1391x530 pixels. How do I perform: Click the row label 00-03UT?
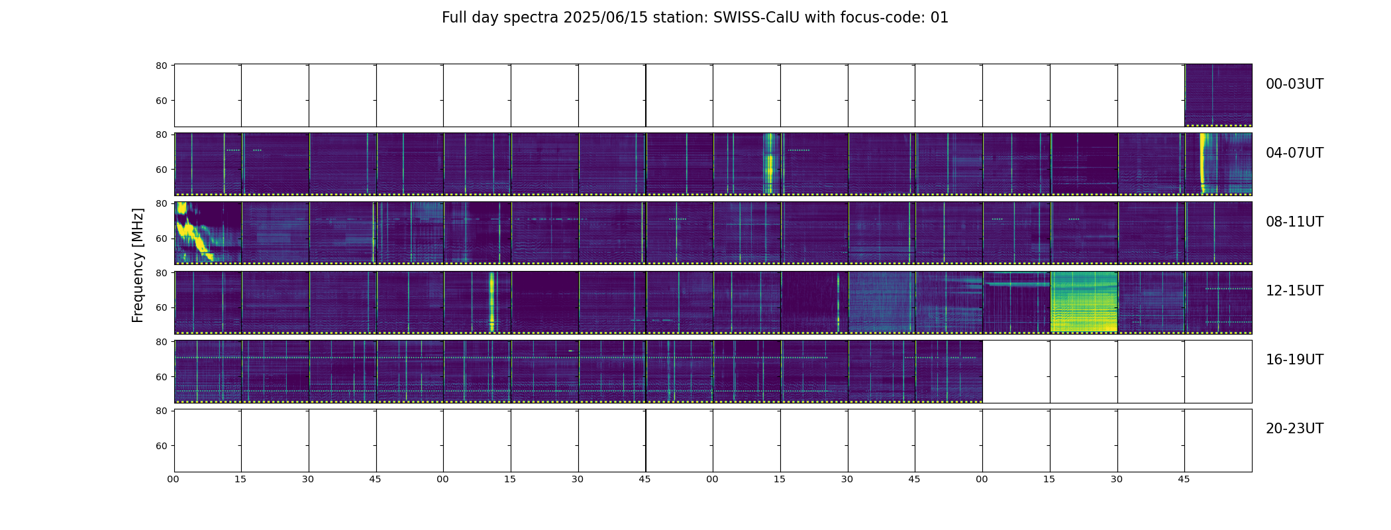[x=1294, y=84]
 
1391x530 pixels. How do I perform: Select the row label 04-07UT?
[x=1294, y=153]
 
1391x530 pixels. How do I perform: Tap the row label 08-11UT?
[x=1294, y=222]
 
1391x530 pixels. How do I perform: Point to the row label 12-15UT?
[x=1294, y=291]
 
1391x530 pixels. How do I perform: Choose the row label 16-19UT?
[x=1294, y=360]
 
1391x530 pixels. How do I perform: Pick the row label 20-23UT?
[x=1294, y=429]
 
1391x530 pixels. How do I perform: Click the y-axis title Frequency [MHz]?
[x=138, y=265]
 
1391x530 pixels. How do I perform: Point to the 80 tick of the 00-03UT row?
[x=161, y=66]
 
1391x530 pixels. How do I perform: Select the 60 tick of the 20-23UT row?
[x=161, y=446]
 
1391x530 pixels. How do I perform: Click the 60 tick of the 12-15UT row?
[x=161, y=307]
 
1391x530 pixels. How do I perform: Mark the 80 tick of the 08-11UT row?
[x=161, y=203]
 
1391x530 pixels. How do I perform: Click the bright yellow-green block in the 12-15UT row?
[x=1084, y=301]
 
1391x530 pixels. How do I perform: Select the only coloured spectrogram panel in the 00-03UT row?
[x=1218, y=95]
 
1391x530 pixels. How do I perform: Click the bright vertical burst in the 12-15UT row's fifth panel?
[x=491, y=301]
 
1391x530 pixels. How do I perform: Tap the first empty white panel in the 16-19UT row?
[x=1016, y=371]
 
